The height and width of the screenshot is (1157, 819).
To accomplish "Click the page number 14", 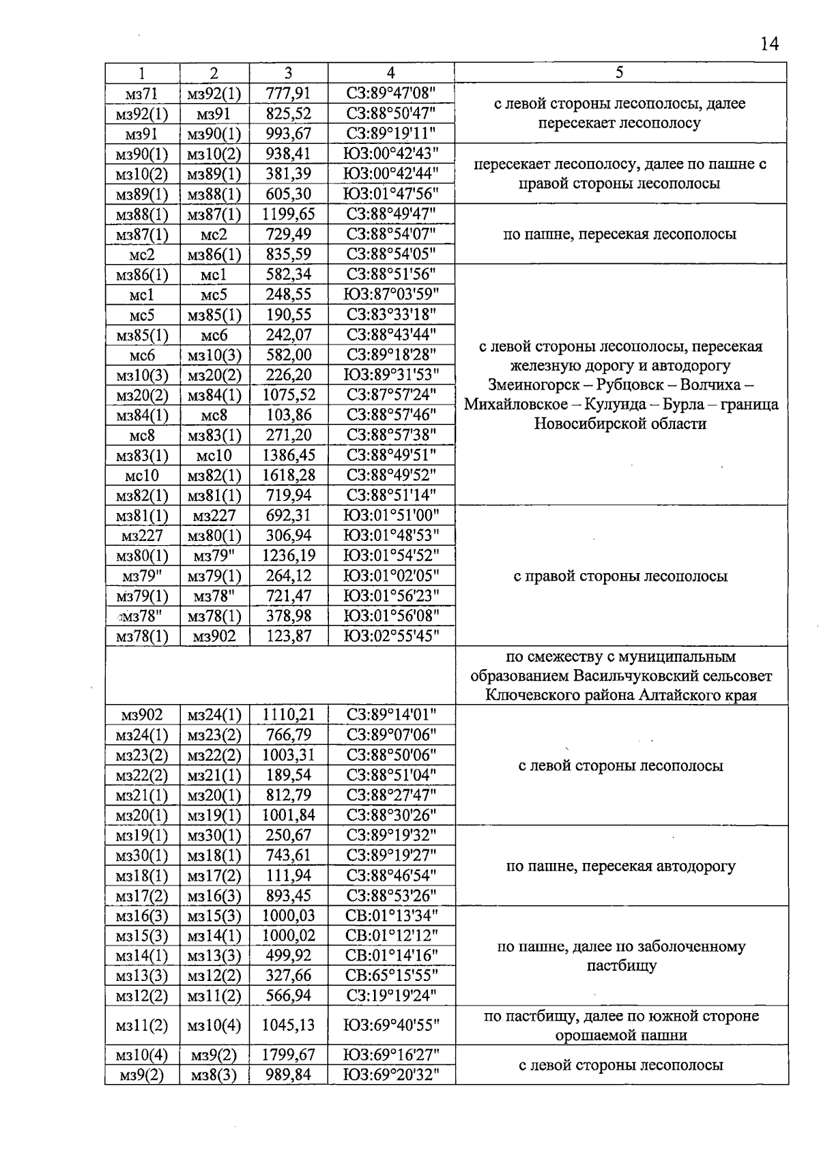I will (x=768, y=44).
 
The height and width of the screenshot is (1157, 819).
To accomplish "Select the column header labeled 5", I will (x=620, y=72).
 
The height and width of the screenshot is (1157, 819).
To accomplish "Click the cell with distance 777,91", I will (x=288, y=93).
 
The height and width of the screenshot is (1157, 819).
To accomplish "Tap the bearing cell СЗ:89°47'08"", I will (x=390, y=93).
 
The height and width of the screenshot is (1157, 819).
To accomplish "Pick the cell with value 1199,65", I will (x=288, y=214).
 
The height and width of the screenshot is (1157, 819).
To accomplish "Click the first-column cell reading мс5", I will (x=142, y=315).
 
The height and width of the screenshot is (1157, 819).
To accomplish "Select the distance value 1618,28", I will (x=288, y=475).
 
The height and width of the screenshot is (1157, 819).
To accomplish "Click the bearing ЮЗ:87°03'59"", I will (x=390, y=295).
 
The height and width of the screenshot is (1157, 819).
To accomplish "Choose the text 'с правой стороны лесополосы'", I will (x=620, y=576).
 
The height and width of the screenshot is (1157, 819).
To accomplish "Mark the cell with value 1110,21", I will (x=288, y=715).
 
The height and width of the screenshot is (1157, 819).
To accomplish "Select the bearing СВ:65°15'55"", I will (x=390, y=976).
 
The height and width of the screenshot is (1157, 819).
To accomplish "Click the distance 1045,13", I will (x=288, y=1025).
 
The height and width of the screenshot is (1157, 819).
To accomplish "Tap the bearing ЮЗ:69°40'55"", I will (x=390, y=1025).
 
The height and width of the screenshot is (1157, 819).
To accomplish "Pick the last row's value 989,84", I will (x=288, y=1076).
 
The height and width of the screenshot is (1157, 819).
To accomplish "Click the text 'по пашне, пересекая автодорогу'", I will (x=620, y=866).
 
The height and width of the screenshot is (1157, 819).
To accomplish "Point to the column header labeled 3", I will (x=288, y=73).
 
